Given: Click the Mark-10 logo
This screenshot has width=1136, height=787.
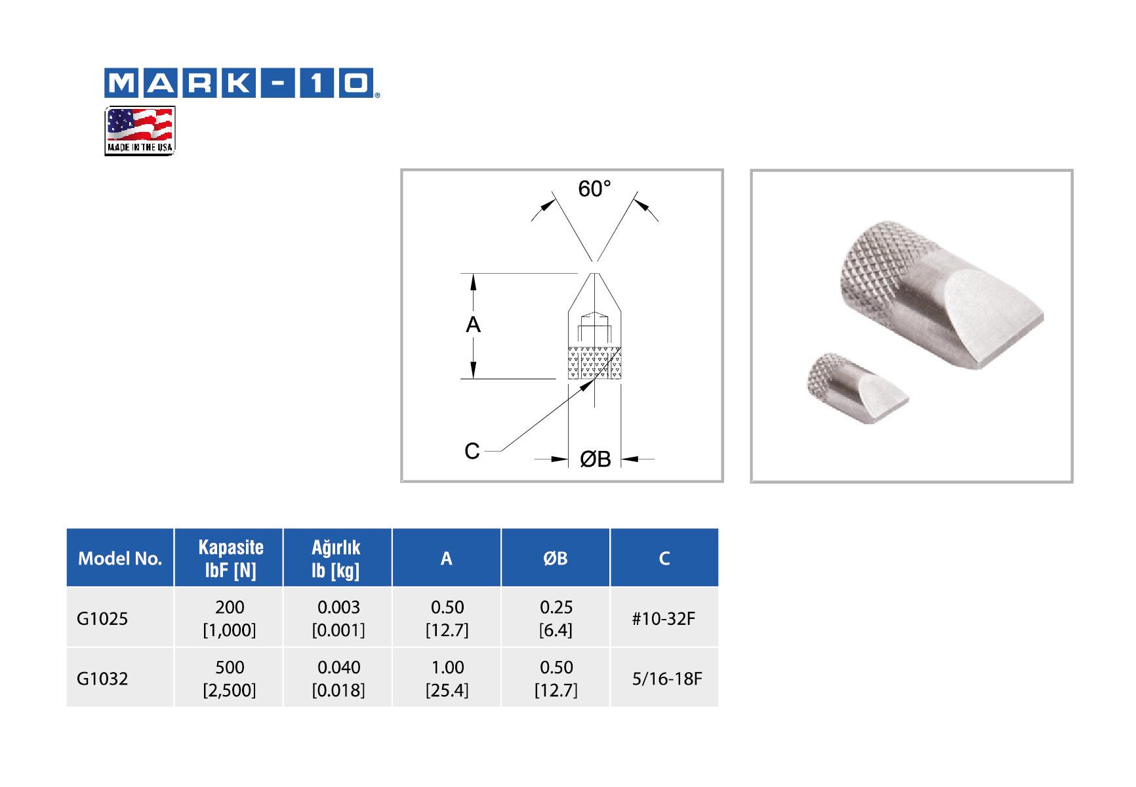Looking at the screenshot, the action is [x=242, y=83].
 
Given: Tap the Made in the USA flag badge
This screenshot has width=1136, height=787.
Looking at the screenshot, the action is [x=140, y=131].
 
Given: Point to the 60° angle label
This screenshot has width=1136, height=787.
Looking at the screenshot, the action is [x=594, y=189].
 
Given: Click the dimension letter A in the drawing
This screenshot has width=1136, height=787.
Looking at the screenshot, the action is [x=473, y=324].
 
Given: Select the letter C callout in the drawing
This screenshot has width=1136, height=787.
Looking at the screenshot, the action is [x=472, y=451].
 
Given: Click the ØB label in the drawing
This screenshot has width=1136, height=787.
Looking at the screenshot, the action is [x=596, y=459].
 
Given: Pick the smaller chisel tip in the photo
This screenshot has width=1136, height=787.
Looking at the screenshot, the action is [x=857, y=388].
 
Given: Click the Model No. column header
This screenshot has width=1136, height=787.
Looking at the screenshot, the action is [x=120, y=559].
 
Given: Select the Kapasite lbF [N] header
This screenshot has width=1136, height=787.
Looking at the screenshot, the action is [x=230, y=559].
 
